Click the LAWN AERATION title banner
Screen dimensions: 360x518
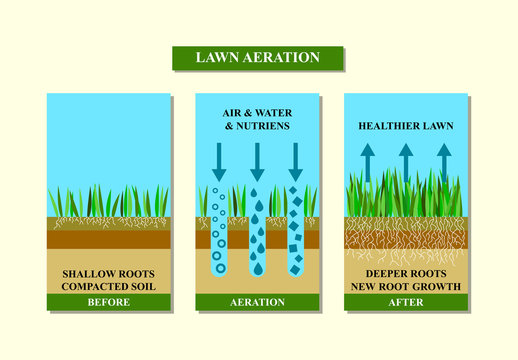[x=258, y=57]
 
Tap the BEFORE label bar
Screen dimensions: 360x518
[x=108, y=301]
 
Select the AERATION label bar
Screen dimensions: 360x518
[x=257, y=301]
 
